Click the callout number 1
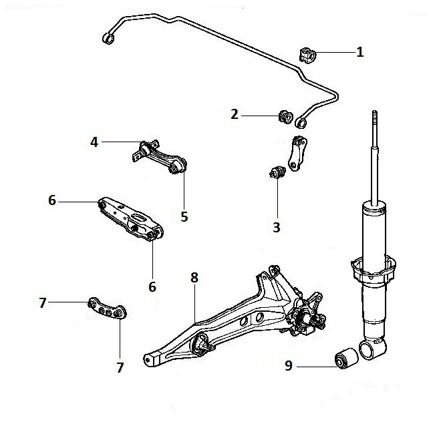(360, 52)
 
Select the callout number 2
(235, 114)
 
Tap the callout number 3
(277, 227)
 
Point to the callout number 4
(94, 142)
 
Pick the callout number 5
(184, 216)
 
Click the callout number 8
(194, 278)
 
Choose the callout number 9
(289, 365)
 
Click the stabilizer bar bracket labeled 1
(307, 55)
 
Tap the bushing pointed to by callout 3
(277, 172)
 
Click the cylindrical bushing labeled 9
(347, 358)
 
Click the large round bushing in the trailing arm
(200, 345)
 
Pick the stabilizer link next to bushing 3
(297, 154)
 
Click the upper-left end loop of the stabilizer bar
(109, 38)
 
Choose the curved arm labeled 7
(107, 308)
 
